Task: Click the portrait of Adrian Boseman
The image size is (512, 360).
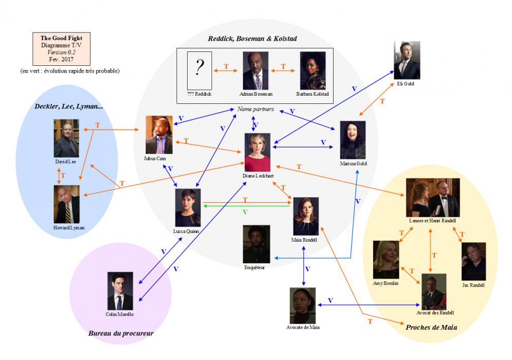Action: pyautogui.click(x=255, y=70)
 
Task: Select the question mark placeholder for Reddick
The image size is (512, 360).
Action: pyautogui.click(x=199, y=70)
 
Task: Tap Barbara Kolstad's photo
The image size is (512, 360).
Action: pyautogui.click(x=313, y=70)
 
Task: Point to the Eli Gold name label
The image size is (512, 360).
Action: pyautogui.click(x=406, y=83)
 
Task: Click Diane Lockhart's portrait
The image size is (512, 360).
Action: pyautogui.click(x=258, y=152)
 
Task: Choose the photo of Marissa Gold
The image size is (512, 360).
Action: pyautogui.click(x=353, y=140)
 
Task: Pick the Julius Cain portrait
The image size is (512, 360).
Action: pyautogui.click(x=159, y=135)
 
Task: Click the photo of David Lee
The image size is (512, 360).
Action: pyautogui.click(x=66, y=138)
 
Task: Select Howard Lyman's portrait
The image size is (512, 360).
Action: pyautogui.click(x=66, y=204)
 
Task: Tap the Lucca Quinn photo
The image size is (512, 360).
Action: pyautogui.click(x=188, y=207)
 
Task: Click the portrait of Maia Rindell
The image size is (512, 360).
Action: pyautogui.click(x=306, y=216)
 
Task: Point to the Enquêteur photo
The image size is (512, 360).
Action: pyautogui.click(x=257, y=244)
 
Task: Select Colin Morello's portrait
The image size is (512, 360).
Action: pyautogui.click(x=120, y=291)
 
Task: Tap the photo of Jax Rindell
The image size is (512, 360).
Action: pyautogui.click(x=473, y=261)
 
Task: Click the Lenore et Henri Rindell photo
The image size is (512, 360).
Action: pyautogui.click(x=432, y=197)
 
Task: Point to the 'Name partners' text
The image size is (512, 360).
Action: pyautogui.click(x=255, y=110)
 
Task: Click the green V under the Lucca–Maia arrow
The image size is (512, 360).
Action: pyautogui.click(x=245, y=212)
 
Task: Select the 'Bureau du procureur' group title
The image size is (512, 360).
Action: pyautogui.click(x=121, y=333)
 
